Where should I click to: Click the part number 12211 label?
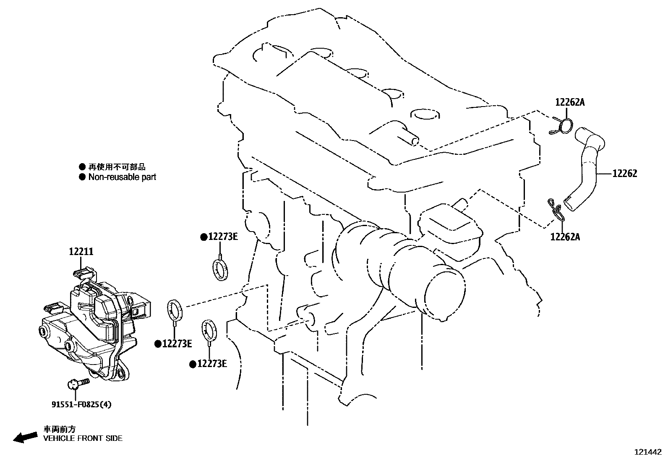click(x=81, y=252)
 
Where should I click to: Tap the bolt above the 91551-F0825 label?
click(x=78, y=383)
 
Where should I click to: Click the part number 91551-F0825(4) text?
click(x=82, y=404)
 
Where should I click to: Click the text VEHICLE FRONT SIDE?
click(x=83, y=438)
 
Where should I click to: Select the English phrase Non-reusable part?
click(x=122, y=177)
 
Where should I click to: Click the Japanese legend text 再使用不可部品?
click(x=117, y=167)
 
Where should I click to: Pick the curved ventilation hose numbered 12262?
click(x=586, y=168)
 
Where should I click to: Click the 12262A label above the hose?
click(x=570, y=102)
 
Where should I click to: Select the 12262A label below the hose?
click(x=565, y=237)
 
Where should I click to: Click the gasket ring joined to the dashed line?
click(x=175, y=310)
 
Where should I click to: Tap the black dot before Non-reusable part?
click(x=82, y=177)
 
